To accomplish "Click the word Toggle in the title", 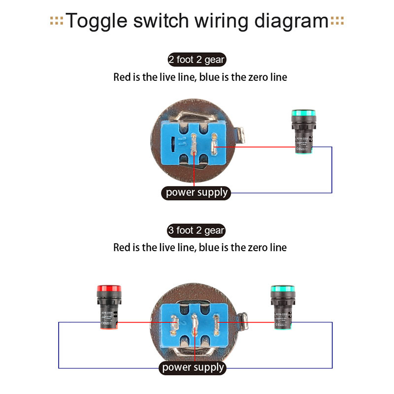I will coord(94,21).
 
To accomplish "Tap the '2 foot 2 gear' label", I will coord(197,60).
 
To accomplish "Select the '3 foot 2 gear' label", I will coord(197,230).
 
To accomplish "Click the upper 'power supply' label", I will coord(197,192).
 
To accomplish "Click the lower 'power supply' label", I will coord(193,367).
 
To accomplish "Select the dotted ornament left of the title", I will coord(56,21).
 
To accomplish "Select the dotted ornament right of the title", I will coord(337,21).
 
